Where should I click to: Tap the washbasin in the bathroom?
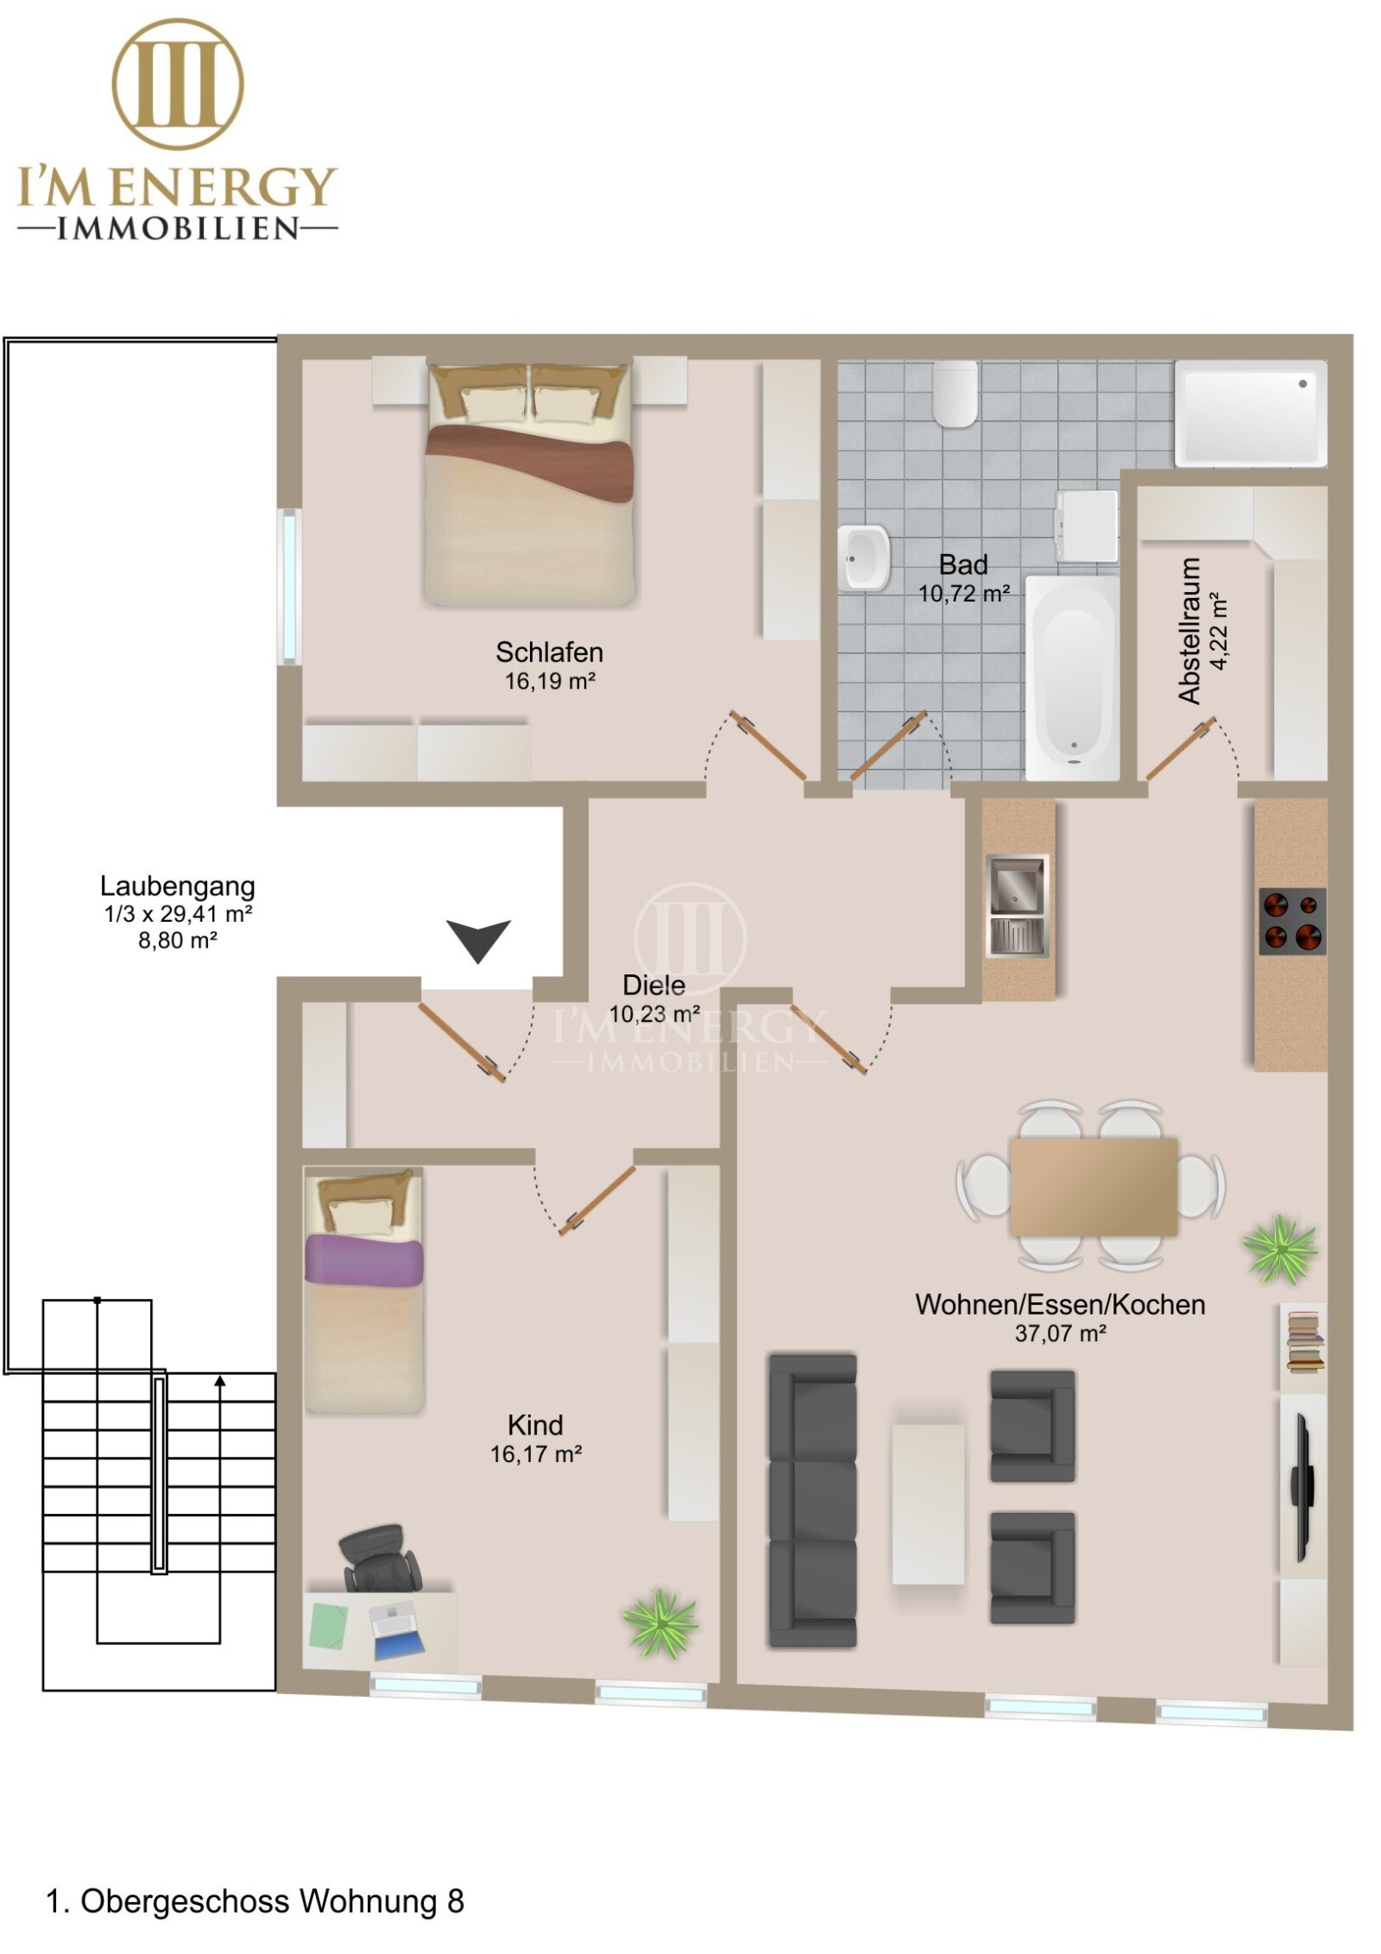pyautogui.click(x=864, y=558)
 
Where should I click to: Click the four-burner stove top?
pyautogui.click(x=1292, y=921)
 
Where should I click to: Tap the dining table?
pyautogui.click(x=1094, y=1187)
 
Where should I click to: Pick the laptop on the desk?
pyautogui.click(x=396, y=1631)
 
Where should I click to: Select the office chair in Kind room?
pyautogui.click(x=381, y=1559)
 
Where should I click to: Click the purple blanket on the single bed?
pyautogui.click(x=363, y=1260)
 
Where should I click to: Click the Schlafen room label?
pyautogui.click(x=549, y=652)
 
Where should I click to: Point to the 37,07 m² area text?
pyautogui.click(x=1060, y=1333)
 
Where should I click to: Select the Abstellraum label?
pyautogui.click(x=1189, y=630)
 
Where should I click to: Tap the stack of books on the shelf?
pyautogui.click(x=1303, y=1341)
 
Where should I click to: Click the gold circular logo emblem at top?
pyautogui.click(x=177, y=84)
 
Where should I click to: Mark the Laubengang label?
pyautogui.click(x=178, y=886)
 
